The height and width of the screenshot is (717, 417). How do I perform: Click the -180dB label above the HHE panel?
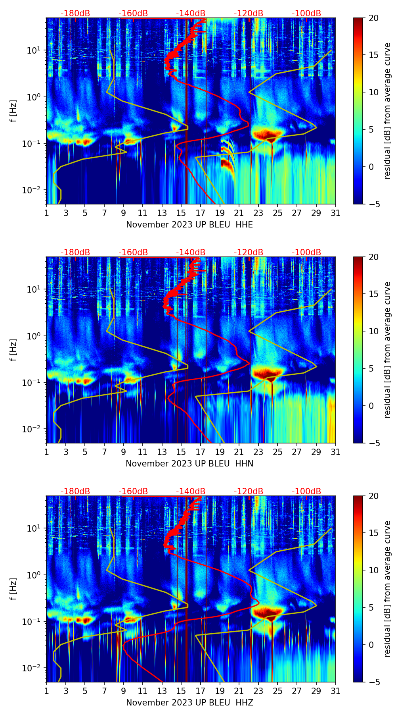pos(75,13)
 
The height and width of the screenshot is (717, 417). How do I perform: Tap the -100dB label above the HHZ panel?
pos(306,491)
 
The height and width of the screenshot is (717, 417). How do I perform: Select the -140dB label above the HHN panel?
pos(191,252)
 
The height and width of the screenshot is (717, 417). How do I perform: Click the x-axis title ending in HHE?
pos(189,225)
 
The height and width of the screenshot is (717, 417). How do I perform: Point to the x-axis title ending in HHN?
pos(189,464)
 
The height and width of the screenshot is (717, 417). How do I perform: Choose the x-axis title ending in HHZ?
pos(189,703)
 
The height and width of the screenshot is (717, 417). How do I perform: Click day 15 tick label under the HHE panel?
pos(181,213)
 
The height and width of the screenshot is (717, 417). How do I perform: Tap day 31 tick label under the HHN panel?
pos(335,452)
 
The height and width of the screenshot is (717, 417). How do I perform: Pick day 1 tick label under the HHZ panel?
pos(47,691)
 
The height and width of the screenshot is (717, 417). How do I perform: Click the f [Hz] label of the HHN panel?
pos(13,350)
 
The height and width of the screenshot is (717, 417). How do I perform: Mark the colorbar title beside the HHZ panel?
pos(387,589)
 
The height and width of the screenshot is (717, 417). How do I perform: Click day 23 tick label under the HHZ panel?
pos(258,691)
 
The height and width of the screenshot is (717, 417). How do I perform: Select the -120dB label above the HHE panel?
pos(249,13)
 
